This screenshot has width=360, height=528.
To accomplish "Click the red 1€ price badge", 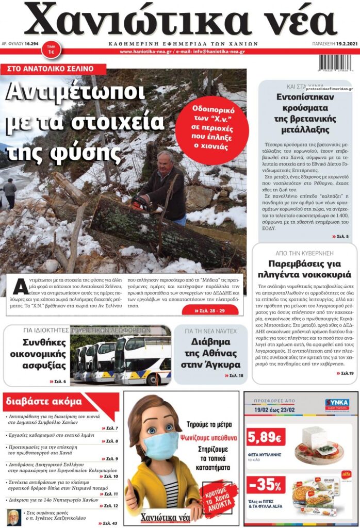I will point(51,49).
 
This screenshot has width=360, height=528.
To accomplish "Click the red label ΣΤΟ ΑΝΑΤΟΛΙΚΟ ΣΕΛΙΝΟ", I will point(54,69).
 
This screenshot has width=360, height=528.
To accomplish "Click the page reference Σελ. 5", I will point(340,236).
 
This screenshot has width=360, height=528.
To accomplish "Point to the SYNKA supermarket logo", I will point(336,403).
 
